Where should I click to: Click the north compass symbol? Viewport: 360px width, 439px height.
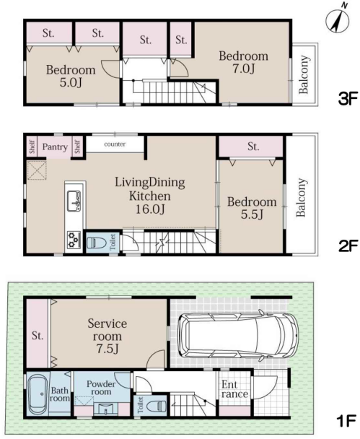tap(338, 20)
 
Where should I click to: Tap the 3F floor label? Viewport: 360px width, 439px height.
tap(348, 98)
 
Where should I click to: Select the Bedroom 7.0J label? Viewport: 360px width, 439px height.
tap(243, 62)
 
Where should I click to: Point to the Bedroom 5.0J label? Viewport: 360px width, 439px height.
tap(71, 76)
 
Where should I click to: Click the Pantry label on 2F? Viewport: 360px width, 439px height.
tap(55, 147)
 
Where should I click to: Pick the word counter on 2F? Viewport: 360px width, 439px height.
tap(115, 144)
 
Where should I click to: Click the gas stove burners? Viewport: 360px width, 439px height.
tap(74, 240)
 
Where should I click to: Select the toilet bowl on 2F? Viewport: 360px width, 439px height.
tap(97, 243)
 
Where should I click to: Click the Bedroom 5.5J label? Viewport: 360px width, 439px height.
tap(252, 208)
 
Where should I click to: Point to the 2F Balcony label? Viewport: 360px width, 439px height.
tap(301, 197)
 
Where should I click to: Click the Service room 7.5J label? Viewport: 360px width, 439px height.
tap(107, 336)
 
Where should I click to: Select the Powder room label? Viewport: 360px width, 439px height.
tap(101, 388)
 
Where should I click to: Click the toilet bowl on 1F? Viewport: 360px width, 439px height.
tap(157, 405)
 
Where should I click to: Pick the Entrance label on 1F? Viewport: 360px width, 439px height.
tap(234, 389)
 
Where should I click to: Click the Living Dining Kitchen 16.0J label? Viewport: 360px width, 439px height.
tap(150, 196)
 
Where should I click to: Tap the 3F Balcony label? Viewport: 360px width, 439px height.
tap(304, 74)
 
